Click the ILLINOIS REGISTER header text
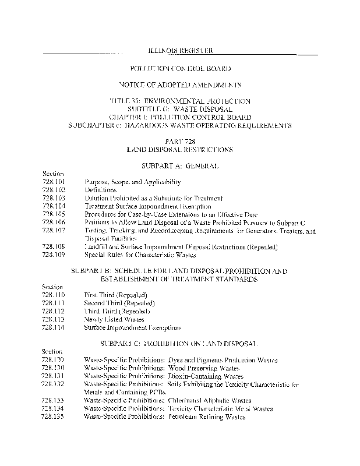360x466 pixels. coord(179,52)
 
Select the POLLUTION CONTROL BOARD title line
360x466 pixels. coord(180,69)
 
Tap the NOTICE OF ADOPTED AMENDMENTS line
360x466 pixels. coord(180,85)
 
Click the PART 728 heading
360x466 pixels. coord(180,142)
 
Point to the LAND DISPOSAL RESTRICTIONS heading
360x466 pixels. coord(180,150)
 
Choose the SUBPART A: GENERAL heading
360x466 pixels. coord(180,166)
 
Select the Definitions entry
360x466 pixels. coord(101,190)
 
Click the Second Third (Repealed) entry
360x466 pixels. coord(119,303)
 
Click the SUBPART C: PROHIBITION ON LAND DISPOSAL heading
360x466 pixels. coord(180,344)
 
